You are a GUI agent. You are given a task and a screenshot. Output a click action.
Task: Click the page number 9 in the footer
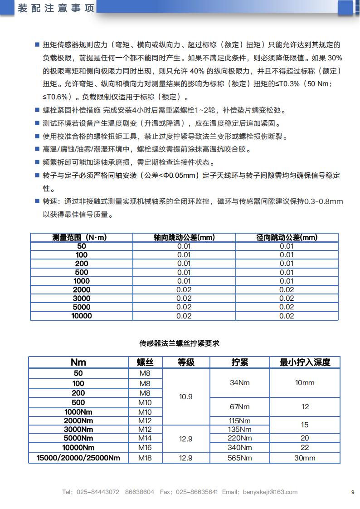(352, 492)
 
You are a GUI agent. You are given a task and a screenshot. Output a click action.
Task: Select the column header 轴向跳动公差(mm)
(184, 237)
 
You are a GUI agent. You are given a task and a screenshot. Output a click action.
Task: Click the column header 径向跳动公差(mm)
(287, 237)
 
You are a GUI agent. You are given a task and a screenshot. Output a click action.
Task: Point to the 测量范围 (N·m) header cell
(82, 237)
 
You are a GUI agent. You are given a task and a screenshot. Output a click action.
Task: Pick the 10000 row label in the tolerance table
(82, 316)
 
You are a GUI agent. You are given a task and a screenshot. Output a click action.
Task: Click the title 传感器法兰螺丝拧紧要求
(180, 343)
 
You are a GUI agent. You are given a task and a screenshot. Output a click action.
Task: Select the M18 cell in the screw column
(145, 458)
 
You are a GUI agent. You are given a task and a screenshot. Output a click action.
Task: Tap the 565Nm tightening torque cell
(240, 458)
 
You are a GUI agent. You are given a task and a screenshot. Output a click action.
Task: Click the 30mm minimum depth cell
(305, 458)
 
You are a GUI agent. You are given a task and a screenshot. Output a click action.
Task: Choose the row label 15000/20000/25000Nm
(78, 458)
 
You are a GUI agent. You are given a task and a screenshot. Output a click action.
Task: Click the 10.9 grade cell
(186, 396)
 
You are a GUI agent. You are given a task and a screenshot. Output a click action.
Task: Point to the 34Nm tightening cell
(240, 382)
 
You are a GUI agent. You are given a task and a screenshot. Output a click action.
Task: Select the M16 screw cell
(145, 448)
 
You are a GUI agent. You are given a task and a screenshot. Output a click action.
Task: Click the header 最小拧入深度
(305, 362)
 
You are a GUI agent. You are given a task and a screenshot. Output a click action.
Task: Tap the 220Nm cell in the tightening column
(240, 438)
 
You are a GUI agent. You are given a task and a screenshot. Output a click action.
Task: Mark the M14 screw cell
(145, 438)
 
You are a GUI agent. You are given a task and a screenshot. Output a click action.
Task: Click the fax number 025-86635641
(197, 492)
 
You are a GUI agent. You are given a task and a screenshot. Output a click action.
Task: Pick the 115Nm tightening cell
(240, 421)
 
